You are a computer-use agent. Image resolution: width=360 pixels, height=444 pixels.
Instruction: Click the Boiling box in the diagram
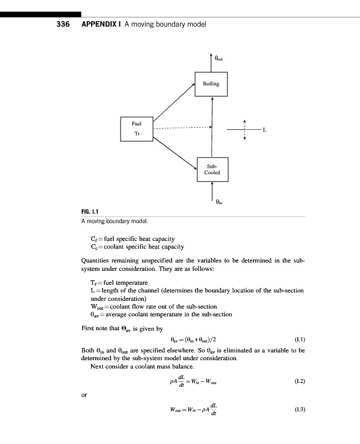[x=211, y=84]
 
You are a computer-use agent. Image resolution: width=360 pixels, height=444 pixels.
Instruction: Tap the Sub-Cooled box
[x=212, y=169]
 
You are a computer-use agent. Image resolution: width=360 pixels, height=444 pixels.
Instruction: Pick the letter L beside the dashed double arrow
[x=264, y=130]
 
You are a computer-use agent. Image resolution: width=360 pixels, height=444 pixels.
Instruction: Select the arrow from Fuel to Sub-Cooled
[x=175, y=152]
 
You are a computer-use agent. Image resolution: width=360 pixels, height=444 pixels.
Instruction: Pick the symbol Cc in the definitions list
[x=95, y=246]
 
